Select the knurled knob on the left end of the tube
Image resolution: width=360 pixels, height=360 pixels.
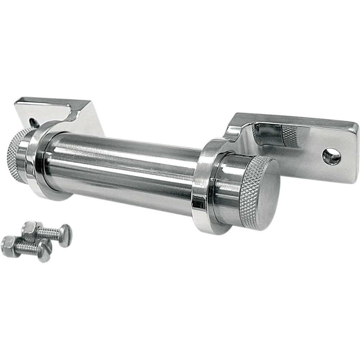(16, 155)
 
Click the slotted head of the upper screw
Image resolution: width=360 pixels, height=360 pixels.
(65, 236)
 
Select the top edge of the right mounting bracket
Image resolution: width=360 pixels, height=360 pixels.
(295, 119)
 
